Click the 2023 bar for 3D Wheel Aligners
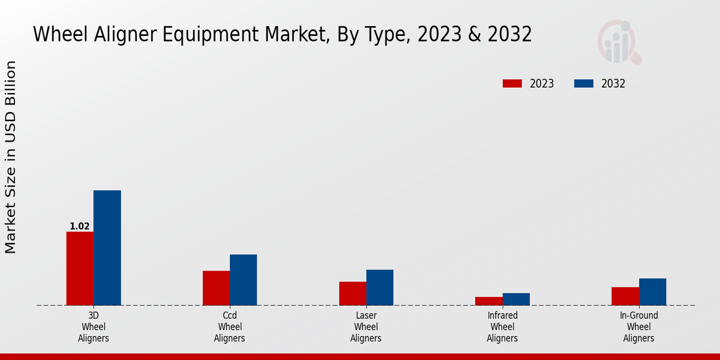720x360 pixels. [80, 268]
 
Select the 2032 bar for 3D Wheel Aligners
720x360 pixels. [107, 248]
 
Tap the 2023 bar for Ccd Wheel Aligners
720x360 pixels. [216, 288]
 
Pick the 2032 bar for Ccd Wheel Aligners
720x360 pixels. [243, 280]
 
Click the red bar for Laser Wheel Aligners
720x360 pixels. [352, 293]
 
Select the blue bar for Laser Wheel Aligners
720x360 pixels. [380, 287]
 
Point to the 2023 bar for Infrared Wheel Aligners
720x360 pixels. [488, 301]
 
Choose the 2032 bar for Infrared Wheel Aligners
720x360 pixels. [516, 299]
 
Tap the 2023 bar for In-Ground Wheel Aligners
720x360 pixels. [625, 296]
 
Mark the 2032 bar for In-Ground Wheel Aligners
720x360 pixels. [652, 292]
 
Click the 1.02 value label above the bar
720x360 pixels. [80, 226]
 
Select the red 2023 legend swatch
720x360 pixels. [513, 84]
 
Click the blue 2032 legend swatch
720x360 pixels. [584, 84]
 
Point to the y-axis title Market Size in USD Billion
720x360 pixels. [11, 157]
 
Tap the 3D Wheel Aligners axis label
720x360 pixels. [94, 327]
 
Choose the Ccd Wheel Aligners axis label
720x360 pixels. [230, 327]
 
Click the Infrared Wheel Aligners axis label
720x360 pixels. [502, 327]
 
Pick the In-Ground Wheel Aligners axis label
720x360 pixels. [639, 327]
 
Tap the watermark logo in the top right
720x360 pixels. [619, 42]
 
